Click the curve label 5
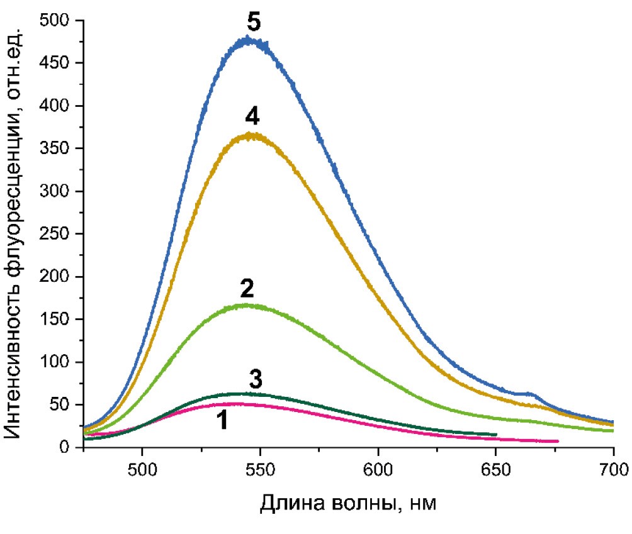(x=253, y=23)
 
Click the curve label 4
(x=253, y=117)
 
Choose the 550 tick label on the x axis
(x=260, y=469)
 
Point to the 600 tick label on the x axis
(x=378, y=469)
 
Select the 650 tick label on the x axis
(x=495, y=469)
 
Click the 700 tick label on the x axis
(x=612, y=469)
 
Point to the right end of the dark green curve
(x=496, y=434)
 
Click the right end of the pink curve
(x=558, y=441)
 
